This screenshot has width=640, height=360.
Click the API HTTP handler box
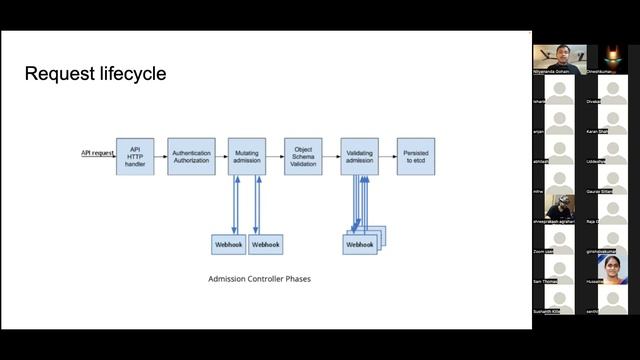tap(135, 156)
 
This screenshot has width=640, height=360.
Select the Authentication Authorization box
tap(191, 156)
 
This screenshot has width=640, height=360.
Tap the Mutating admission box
tap(246, 156)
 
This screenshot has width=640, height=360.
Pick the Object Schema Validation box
tap(303, 156)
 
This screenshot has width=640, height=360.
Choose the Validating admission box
tap(359, 156)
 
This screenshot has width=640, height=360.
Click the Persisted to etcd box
tap(416, 156)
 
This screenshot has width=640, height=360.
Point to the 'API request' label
tap(97, 153)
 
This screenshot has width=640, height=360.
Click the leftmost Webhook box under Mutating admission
tap(228, 243)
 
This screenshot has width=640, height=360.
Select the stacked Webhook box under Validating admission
tap(361, 243)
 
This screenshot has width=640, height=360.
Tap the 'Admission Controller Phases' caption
tap(259, 279)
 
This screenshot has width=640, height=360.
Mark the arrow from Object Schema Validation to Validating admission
tap(331, 156)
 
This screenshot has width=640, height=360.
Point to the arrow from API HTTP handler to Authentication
tap(161, 156)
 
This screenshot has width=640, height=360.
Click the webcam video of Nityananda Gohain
tap(558, 56)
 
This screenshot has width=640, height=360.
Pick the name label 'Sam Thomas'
tap(547, 283)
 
